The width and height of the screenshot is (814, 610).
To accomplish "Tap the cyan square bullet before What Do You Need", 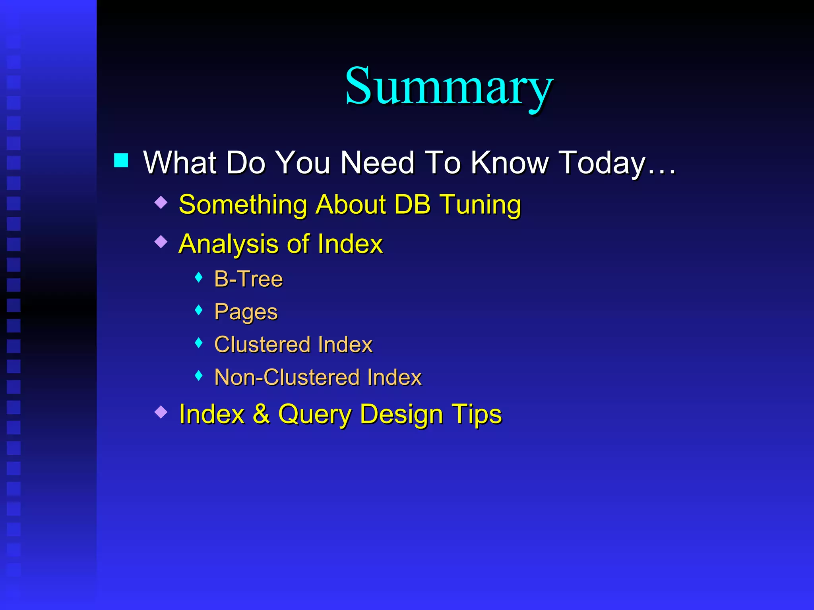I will [x=121, y=160].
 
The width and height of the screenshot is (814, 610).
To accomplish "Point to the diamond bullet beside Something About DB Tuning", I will [x=161, y=203].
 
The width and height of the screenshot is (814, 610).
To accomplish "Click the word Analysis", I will [x=228, y=244].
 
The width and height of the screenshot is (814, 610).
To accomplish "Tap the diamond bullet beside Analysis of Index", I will [x=161, y=241].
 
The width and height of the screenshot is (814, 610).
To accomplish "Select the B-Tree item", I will [x=248, y=279].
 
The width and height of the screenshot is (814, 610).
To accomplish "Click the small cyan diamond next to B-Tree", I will [x=199, y=277].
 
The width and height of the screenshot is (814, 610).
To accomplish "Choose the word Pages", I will [x=246, y=312].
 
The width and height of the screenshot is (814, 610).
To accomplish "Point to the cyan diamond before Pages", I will [x=199, y=310].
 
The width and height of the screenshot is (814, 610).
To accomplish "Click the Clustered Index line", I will [x=293, y=344].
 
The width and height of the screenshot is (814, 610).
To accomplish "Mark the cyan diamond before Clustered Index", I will [x=199, y=342].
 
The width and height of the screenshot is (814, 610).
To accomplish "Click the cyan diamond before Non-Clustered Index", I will [x=199, y=375].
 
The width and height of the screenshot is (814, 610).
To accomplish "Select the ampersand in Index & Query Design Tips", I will [x=261, y=414].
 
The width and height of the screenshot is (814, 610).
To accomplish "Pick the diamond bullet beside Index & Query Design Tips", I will [x=161, y=412].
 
